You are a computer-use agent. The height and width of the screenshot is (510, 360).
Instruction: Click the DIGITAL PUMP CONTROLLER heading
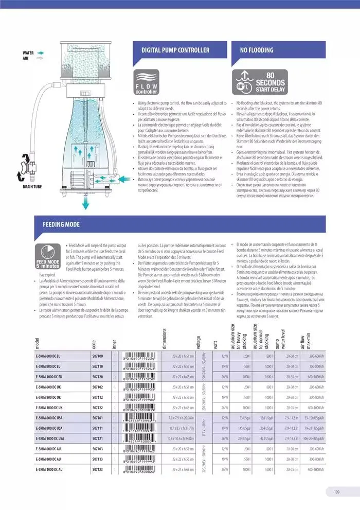pyautogui.click(x=175, y=50)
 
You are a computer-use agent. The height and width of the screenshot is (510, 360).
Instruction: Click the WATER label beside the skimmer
pyautogui.click(x=28, y=53)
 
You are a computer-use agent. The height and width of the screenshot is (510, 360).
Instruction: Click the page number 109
pyautogui.click(x=336, y=492)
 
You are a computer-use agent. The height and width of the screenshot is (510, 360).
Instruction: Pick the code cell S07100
pyautogui.click(x=98, y=356)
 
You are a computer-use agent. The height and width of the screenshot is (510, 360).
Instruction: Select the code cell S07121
pyautogui.click(x=98, y=438)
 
